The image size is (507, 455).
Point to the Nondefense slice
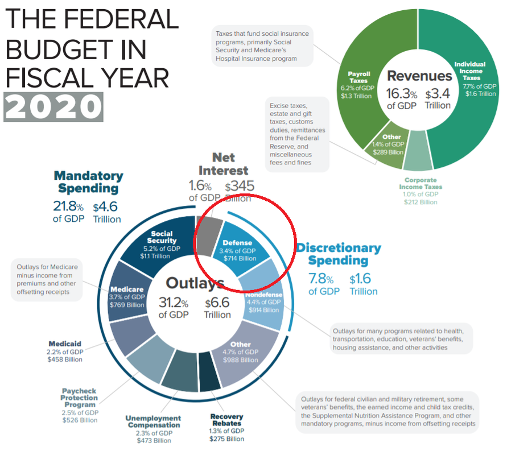(262, 301)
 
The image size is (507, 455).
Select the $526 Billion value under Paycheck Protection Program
(80, 420)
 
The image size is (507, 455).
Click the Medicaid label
(65, 344)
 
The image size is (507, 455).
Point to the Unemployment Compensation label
(154, 421)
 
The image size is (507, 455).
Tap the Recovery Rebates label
(226, 420)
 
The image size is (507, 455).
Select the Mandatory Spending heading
(88, 182)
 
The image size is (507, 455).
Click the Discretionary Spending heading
(339, 254)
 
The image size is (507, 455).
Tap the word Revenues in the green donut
(419, 76)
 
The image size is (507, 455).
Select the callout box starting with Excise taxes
(298, 134)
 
